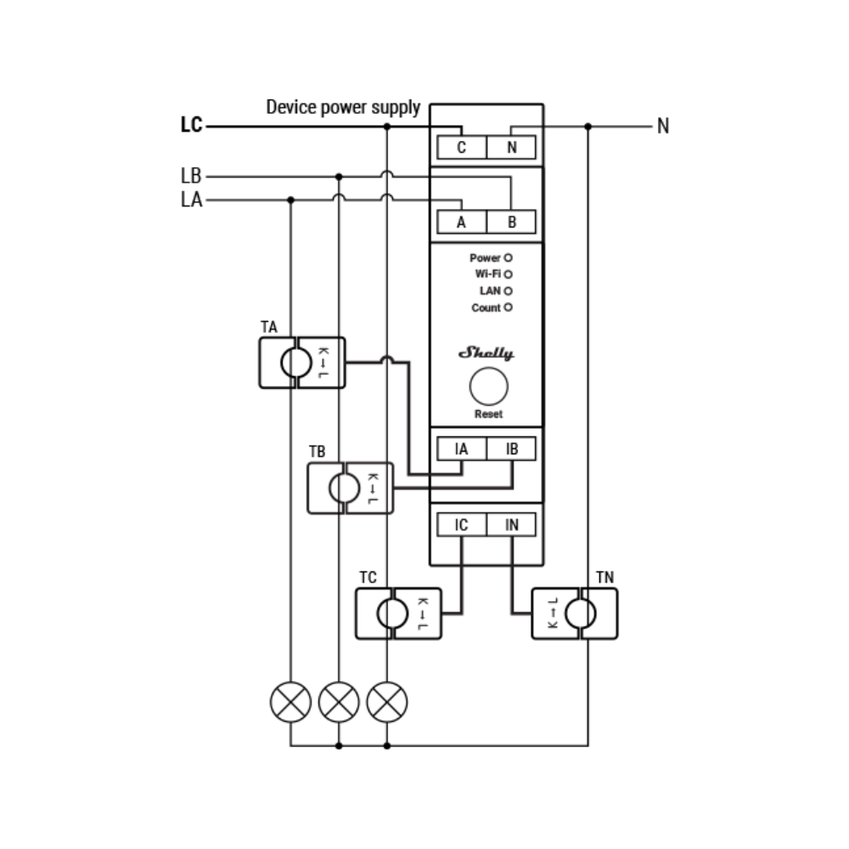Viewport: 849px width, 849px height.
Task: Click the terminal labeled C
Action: [x=461, y=147]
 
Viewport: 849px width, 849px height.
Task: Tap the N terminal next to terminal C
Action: [x=512, y=147]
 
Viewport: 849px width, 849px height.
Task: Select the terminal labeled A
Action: [x=461, y=222]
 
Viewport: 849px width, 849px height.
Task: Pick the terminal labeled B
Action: [x=512, y=222]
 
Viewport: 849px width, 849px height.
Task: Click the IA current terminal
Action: [x=461, y=449]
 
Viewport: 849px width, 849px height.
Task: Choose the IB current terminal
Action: [x=512, y=449]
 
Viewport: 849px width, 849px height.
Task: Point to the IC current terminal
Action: [x=461, y=525]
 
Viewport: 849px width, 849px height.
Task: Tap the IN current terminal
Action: [x=512, y=525]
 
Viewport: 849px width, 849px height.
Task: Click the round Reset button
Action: [x=489, y=386]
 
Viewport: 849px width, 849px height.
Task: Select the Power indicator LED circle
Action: [x=508, y=258]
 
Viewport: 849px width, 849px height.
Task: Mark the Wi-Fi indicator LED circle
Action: [x=508, y=274]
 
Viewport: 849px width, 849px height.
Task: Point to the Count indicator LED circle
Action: [x=508, y=307]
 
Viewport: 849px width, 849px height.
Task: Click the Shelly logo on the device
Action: [x=486, y=353]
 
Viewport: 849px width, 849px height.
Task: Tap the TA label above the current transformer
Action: [x=269, y=327]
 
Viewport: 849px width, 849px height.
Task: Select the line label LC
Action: [x=191, y=125]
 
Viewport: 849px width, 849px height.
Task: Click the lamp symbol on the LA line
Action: [x=290, y=702]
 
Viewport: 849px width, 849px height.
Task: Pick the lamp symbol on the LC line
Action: [x=387, y=702]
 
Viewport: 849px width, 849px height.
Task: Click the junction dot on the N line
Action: [x=588, y=127]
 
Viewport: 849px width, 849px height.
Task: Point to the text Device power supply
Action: [x=343, y=107]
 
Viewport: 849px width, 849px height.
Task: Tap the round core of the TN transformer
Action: [x=581, y=614]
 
